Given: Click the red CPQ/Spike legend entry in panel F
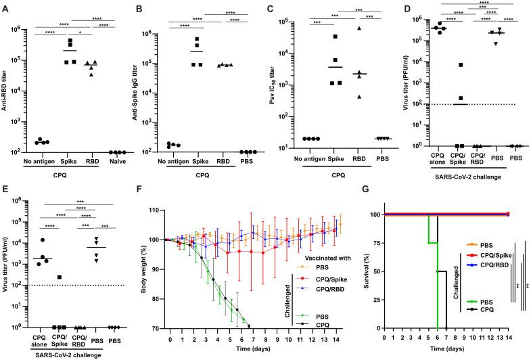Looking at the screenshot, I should pos(310,278).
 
